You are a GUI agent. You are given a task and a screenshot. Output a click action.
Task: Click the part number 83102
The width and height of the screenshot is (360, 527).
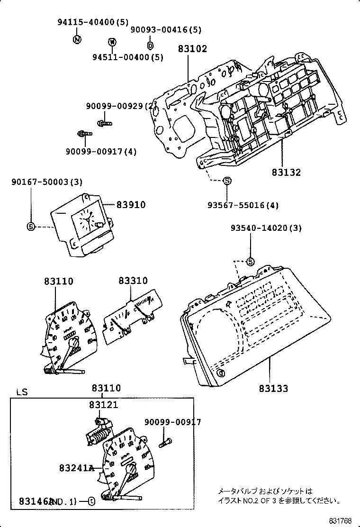click(x=193, y=48)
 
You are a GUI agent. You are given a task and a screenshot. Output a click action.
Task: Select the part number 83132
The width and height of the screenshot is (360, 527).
click(x=286, y=173)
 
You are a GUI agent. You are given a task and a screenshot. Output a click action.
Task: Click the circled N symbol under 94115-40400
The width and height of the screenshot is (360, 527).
click(x=77, y=39)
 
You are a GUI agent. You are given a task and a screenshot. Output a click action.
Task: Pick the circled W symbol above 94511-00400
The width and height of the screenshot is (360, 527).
click(x=112, y=42)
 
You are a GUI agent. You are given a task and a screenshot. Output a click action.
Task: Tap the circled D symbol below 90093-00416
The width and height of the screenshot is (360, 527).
click(x=150, y=45)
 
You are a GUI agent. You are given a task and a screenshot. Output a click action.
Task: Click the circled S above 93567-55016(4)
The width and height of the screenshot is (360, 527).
click(x=227, y=181)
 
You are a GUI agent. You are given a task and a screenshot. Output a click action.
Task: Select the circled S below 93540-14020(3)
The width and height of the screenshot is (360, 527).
click(x=251, y=261)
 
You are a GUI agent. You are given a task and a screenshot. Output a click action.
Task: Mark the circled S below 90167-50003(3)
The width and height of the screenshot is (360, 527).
click(x=31, y=227)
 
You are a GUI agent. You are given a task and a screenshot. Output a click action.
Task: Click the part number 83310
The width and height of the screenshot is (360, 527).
click(x=133, y=282)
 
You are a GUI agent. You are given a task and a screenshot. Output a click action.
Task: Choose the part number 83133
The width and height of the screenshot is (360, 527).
click(x=273, y=389)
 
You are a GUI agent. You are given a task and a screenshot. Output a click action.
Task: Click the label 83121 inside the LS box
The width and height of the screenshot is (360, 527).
click(x=103, y=405)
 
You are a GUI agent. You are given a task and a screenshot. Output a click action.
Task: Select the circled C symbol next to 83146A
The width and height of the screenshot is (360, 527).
click(x=91, y=501)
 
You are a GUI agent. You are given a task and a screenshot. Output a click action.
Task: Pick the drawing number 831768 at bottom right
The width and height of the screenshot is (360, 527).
click(x=341, y=520)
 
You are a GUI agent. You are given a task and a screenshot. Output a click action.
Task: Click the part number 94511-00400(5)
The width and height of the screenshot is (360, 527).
click(x=127, y=57)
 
